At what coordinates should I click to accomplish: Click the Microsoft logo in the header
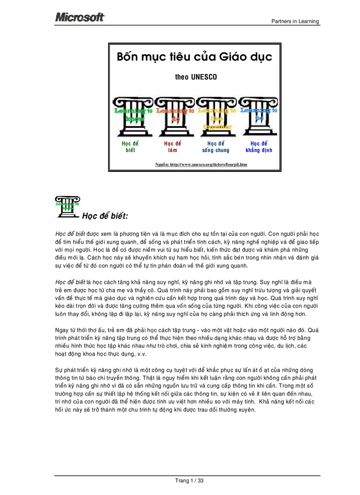(x=80, y=17)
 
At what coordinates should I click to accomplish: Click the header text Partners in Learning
(x=295, y=21)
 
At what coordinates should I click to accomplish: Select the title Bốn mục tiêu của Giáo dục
(x=194, y=57)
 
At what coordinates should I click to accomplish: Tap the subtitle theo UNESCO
(x=196, y=77)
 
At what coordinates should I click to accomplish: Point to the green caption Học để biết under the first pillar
(x=130, y=147)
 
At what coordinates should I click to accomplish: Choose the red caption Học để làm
(x=172, y=147)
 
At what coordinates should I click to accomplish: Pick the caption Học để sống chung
(x=216, y=147)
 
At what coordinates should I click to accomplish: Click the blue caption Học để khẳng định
(x=259, y=147)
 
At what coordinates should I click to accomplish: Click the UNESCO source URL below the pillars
(x=201, y=164)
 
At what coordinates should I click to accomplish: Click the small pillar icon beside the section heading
(x=67, y=207)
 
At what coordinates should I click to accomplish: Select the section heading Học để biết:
(x=105, y=216)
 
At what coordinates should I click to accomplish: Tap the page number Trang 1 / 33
(x=189, y=480)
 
